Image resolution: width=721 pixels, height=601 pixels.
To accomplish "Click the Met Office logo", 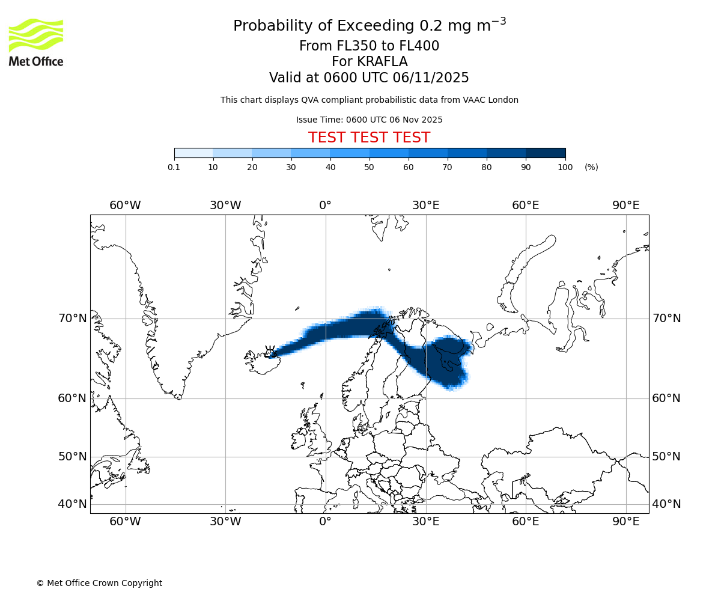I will tap(36, 42).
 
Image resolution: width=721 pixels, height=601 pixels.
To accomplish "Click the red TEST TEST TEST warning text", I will tap(369, 138).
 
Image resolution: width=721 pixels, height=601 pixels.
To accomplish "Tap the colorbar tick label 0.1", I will tap(174, 167).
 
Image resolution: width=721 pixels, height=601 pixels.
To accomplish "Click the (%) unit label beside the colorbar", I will tap(591, 167).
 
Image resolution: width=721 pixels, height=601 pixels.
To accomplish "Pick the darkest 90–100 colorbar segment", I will tap(546, 153).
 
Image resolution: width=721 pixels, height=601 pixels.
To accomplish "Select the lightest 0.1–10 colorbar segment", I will tap(193, 153).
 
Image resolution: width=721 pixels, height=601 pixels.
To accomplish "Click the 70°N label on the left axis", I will tap(73, 319).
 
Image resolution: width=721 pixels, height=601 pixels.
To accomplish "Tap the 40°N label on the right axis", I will tap(666, 504).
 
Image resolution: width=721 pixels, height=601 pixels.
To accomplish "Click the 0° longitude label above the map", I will tap(325, 206).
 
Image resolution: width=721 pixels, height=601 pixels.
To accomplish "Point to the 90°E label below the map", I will tap(626, 522).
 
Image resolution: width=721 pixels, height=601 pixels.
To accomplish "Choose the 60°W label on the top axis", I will tap(125, 206).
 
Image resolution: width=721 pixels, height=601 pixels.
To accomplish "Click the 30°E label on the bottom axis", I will tap(425, 522).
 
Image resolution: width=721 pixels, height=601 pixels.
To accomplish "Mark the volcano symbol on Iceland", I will tap(270, 350).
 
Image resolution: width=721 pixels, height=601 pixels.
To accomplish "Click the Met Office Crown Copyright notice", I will tap(99, 583).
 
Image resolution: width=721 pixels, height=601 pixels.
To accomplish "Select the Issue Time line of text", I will tap(369, 120).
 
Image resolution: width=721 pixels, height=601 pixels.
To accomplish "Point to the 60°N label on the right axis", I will tap(666, 398).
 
